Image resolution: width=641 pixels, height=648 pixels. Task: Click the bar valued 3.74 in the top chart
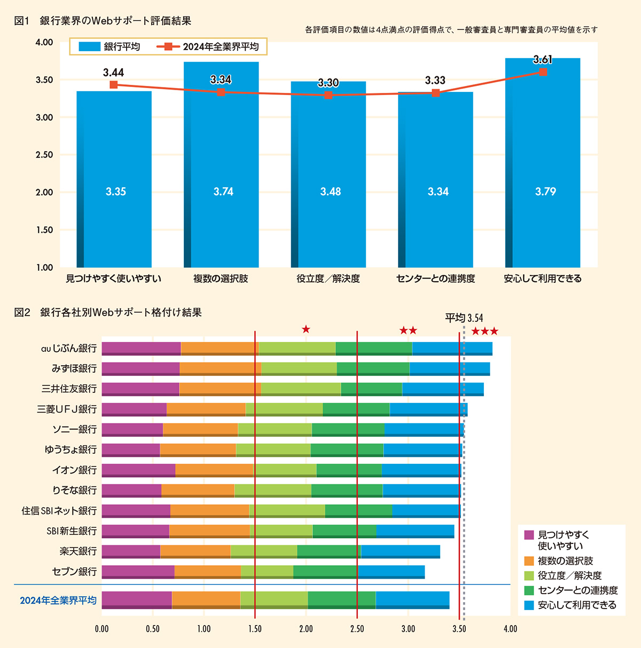tap(221, 160)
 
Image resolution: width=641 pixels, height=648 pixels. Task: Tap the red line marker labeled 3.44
tap(113, 85)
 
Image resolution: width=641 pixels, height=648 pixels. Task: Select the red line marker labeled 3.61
tap(543, 72)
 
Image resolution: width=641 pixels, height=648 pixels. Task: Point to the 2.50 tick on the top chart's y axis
tap(44, 155)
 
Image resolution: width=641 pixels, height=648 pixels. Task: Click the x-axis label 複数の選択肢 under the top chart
tap(221, 279)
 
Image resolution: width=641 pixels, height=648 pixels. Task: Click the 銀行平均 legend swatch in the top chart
tap(89, 47)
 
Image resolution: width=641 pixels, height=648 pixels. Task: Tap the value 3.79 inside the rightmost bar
tap(545, 192)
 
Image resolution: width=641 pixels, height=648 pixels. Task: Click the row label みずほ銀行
tap(74, 368)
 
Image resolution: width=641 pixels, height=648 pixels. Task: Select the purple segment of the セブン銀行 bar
tap(138, 571)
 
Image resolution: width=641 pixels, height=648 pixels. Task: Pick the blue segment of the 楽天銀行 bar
tap(400, 551)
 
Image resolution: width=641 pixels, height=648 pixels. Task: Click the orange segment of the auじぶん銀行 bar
tap(220, 348)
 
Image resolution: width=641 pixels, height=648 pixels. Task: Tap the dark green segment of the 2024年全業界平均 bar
tap(341, 599)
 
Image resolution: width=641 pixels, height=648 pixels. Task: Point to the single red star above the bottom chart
tap(306, 329)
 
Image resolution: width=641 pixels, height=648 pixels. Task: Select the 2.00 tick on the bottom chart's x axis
tap(306, 629)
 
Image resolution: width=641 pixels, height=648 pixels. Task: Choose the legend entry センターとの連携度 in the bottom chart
tap(577, 590)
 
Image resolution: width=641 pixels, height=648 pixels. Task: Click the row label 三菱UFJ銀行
tap(67, 409)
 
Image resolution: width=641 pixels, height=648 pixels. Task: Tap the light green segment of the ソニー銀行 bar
tap(275, 429)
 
